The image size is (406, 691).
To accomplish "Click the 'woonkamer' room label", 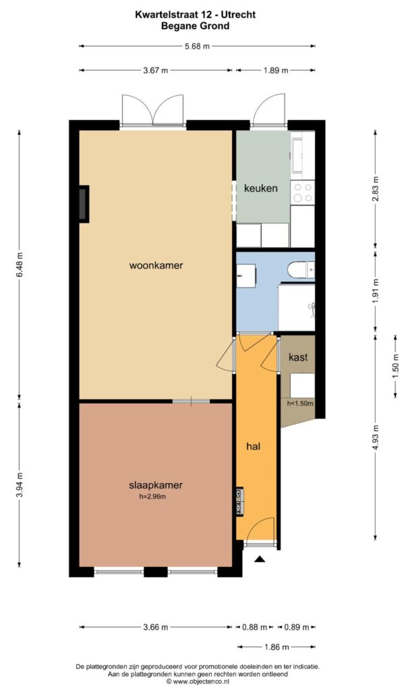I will tap(156, 265).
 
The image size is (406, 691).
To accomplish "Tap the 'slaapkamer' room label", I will tap(156, 485).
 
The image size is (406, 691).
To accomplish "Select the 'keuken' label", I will tap(260, 188).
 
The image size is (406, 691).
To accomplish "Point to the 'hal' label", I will tap(253, 446).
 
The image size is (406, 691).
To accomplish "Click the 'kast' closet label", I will tap(297, 357).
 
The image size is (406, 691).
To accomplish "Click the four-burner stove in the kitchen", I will tap(302, 192).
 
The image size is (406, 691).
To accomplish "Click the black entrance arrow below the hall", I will tap(260, 558).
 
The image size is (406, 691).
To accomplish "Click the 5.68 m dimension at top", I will tap(197, 46).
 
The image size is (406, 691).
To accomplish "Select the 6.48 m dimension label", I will tap(20, 265).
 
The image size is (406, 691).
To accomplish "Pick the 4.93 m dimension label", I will tap(376, 437).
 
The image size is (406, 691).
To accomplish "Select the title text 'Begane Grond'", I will tap(196, 26).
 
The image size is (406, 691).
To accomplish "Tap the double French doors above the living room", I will tap(153, 111).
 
